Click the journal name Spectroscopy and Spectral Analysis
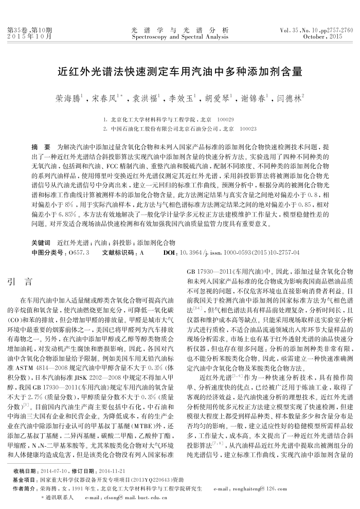(180, 37)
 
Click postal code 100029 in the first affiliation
(226, 119)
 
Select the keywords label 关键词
(41, 242)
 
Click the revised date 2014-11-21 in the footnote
(111, 471)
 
